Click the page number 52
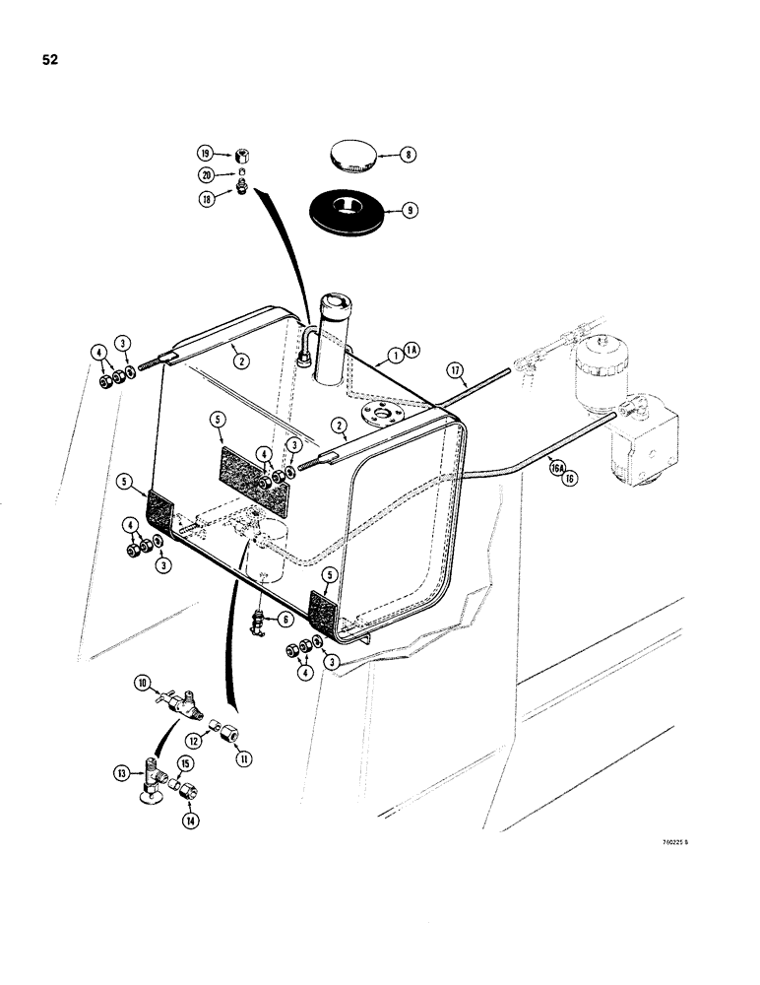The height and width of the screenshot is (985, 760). point(50,60)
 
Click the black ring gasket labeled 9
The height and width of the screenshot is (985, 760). point(348,211)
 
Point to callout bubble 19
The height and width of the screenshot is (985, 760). point(206,153)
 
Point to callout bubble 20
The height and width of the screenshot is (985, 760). point(206,174)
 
